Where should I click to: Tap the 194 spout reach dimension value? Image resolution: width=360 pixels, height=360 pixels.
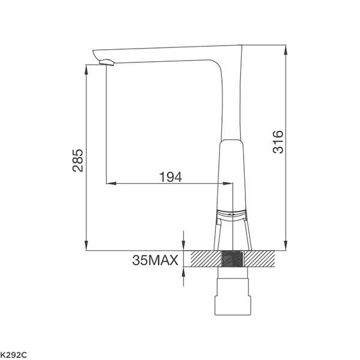click(170, 176)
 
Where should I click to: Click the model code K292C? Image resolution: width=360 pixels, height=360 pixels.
click(13, 355)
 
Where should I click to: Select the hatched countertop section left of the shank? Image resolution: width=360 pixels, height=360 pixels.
click(206, 259)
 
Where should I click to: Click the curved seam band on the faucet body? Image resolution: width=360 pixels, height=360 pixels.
click(231, 214)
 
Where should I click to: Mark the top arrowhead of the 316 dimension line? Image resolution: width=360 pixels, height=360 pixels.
click(285, 48)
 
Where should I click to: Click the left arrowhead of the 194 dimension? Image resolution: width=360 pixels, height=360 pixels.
click(110, 183)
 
